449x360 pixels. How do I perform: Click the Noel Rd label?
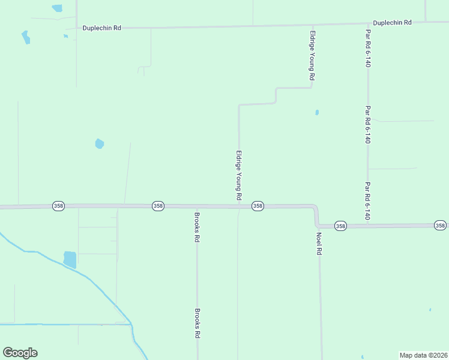tap(319, 244)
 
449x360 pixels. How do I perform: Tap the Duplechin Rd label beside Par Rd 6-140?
tap(392, 23)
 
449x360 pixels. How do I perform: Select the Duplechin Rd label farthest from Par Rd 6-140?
tap(102, 28)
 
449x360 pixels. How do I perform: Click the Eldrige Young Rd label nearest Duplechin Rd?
tap(312, 56)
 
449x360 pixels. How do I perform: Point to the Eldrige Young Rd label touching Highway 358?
tap(239, 175)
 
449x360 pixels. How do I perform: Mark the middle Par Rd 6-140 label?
tap(367, 124)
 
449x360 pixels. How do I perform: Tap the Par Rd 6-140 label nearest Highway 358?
tap(367, 200)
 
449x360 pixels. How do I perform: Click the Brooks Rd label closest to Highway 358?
tap(197, 226)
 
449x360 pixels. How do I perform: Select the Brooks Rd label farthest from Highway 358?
tap(197, 323)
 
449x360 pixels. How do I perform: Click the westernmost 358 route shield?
tap(58, 205)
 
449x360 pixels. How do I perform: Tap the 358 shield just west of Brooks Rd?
tap(158, 206)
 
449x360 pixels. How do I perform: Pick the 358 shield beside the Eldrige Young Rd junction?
tap(258, 206)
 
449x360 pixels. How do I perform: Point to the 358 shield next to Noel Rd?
tap(340, 226)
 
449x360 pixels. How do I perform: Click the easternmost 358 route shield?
tap(441, 225)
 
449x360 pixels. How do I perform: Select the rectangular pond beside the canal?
tap(70, 259)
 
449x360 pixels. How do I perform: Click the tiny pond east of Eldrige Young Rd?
tap(316, 112)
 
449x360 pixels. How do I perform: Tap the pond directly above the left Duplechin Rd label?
tap(57, 8)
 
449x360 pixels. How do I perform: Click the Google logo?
tap(20, 353)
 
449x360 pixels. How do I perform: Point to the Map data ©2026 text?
tap(423, 355)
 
